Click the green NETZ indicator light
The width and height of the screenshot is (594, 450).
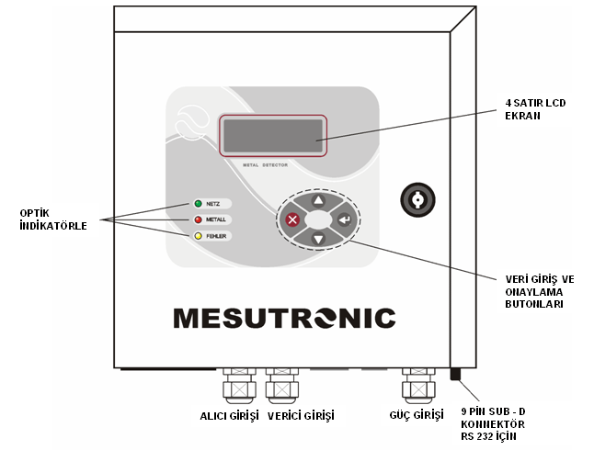coord(197,203)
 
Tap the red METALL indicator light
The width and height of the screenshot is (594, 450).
coord(197,219)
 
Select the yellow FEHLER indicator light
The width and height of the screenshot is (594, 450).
coord(197,236)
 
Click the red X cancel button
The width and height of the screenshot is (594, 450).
coord(292,219)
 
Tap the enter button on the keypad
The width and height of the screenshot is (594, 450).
coord(345,219)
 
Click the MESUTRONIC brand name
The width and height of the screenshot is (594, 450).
coord(284,318)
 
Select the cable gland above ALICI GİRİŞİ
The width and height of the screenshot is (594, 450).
coord(240,384)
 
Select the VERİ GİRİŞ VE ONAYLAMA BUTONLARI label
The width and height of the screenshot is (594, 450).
coord(541,291)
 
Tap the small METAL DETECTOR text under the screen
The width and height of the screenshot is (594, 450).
coord(273,165)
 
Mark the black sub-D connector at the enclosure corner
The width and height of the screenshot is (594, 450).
coord(453,374)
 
